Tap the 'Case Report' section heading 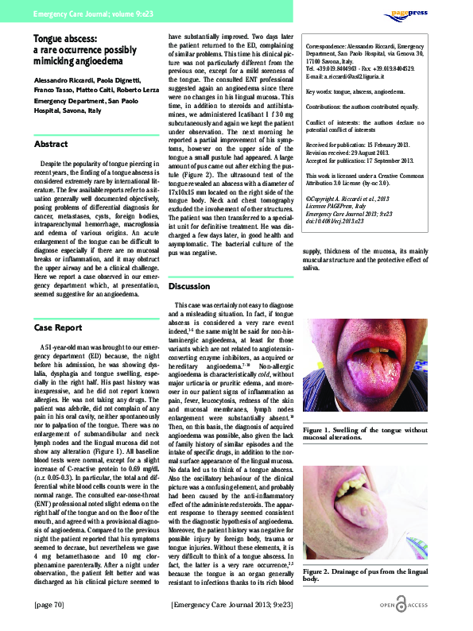click(59, 327)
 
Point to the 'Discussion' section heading click(188, 285)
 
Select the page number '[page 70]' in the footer click(49, 603)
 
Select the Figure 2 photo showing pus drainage click(373, 515)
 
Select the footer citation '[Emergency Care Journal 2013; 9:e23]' click(237, 603)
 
